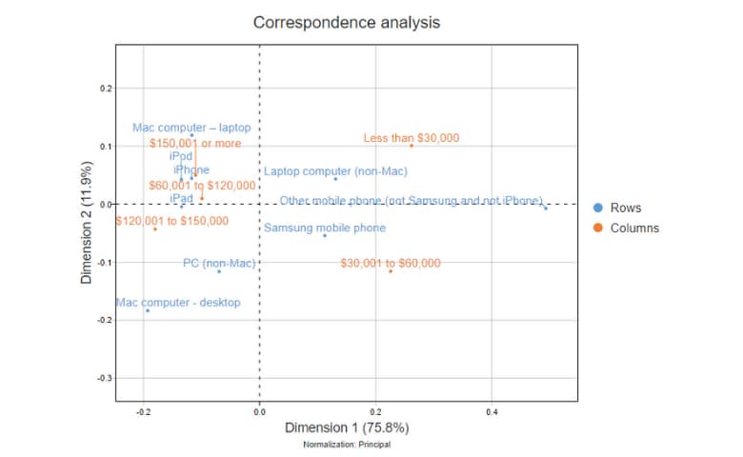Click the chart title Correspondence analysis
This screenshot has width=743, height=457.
[346, 22]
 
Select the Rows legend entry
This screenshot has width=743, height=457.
[625, 208]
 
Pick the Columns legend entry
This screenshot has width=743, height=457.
[633, 228]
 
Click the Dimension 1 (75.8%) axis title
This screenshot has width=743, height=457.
[346, 427]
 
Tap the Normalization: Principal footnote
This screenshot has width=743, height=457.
[346, 445]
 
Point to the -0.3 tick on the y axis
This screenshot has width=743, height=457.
[105, 378]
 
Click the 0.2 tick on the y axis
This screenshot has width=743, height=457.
[107, 89]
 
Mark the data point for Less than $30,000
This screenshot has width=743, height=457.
[412, 146]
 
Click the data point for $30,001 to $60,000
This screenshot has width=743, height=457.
[391, 271]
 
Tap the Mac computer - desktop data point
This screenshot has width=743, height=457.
[148, 310]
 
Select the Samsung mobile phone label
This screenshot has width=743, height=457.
[325, 228]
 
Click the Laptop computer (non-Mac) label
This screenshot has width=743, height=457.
[335, 171]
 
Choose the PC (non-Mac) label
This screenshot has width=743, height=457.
[219, 262]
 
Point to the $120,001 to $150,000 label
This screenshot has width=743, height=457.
[171, 220]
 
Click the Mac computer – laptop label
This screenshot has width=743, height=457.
[191, 127]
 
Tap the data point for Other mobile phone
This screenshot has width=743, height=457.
[546, 208]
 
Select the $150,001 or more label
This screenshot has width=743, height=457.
[195, 143]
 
